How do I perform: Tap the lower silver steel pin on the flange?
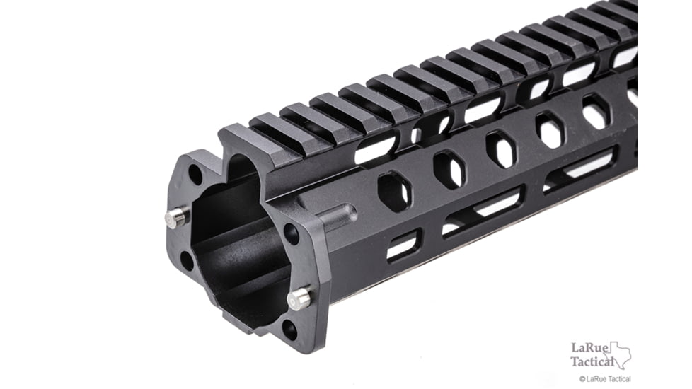pos(299,298)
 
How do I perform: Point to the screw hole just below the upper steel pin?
pos(188,260)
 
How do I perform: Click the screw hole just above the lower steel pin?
pos(291,233)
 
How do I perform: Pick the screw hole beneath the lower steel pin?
pos(289,330)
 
